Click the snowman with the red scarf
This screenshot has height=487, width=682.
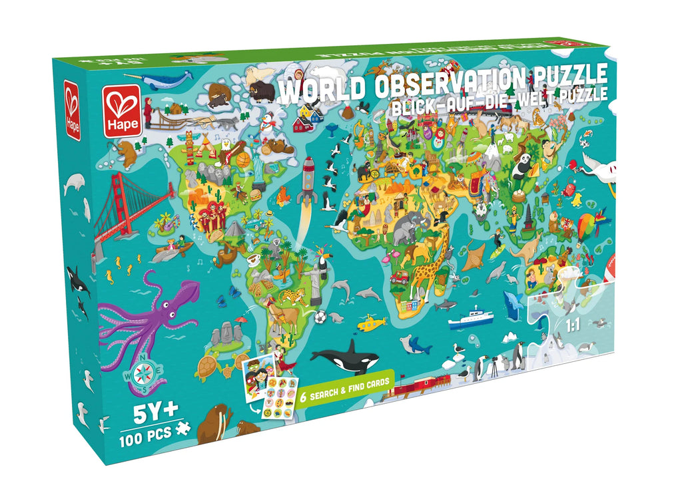click(x=267, y=126)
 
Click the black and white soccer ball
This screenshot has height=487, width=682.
click(x=321, y=316)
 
